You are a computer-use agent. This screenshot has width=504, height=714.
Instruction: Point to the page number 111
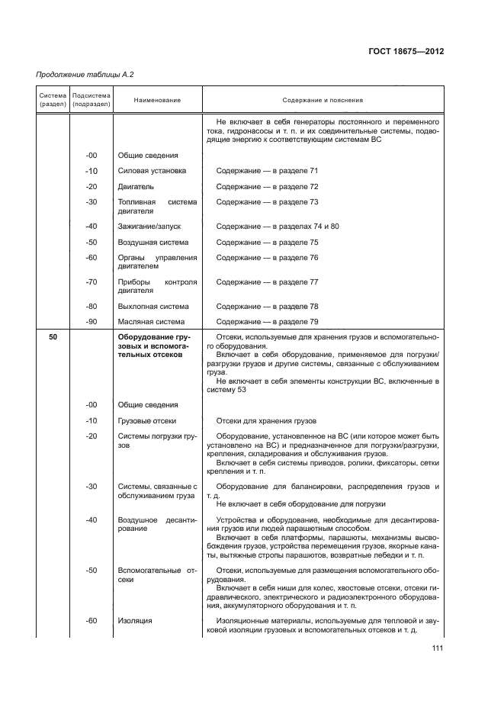pos(437,648)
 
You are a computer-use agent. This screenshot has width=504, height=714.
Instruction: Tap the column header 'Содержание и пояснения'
pos(323,100)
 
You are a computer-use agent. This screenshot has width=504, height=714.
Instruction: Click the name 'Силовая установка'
pos(152,171)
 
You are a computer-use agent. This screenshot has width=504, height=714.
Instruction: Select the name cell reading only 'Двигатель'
pos(136,186)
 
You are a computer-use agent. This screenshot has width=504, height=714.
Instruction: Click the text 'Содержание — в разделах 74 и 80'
pos(278,227)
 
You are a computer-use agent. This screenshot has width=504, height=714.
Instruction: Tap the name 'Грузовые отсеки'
pos(147,420)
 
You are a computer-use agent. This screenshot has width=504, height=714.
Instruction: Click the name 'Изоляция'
pos(135,621)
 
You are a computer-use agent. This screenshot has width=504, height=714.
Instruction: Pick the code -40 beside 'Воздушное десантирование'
pos(91,520)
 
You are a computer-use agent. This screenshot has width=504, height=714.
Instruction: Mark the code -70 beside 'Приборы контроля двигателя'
pos(91,281)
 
